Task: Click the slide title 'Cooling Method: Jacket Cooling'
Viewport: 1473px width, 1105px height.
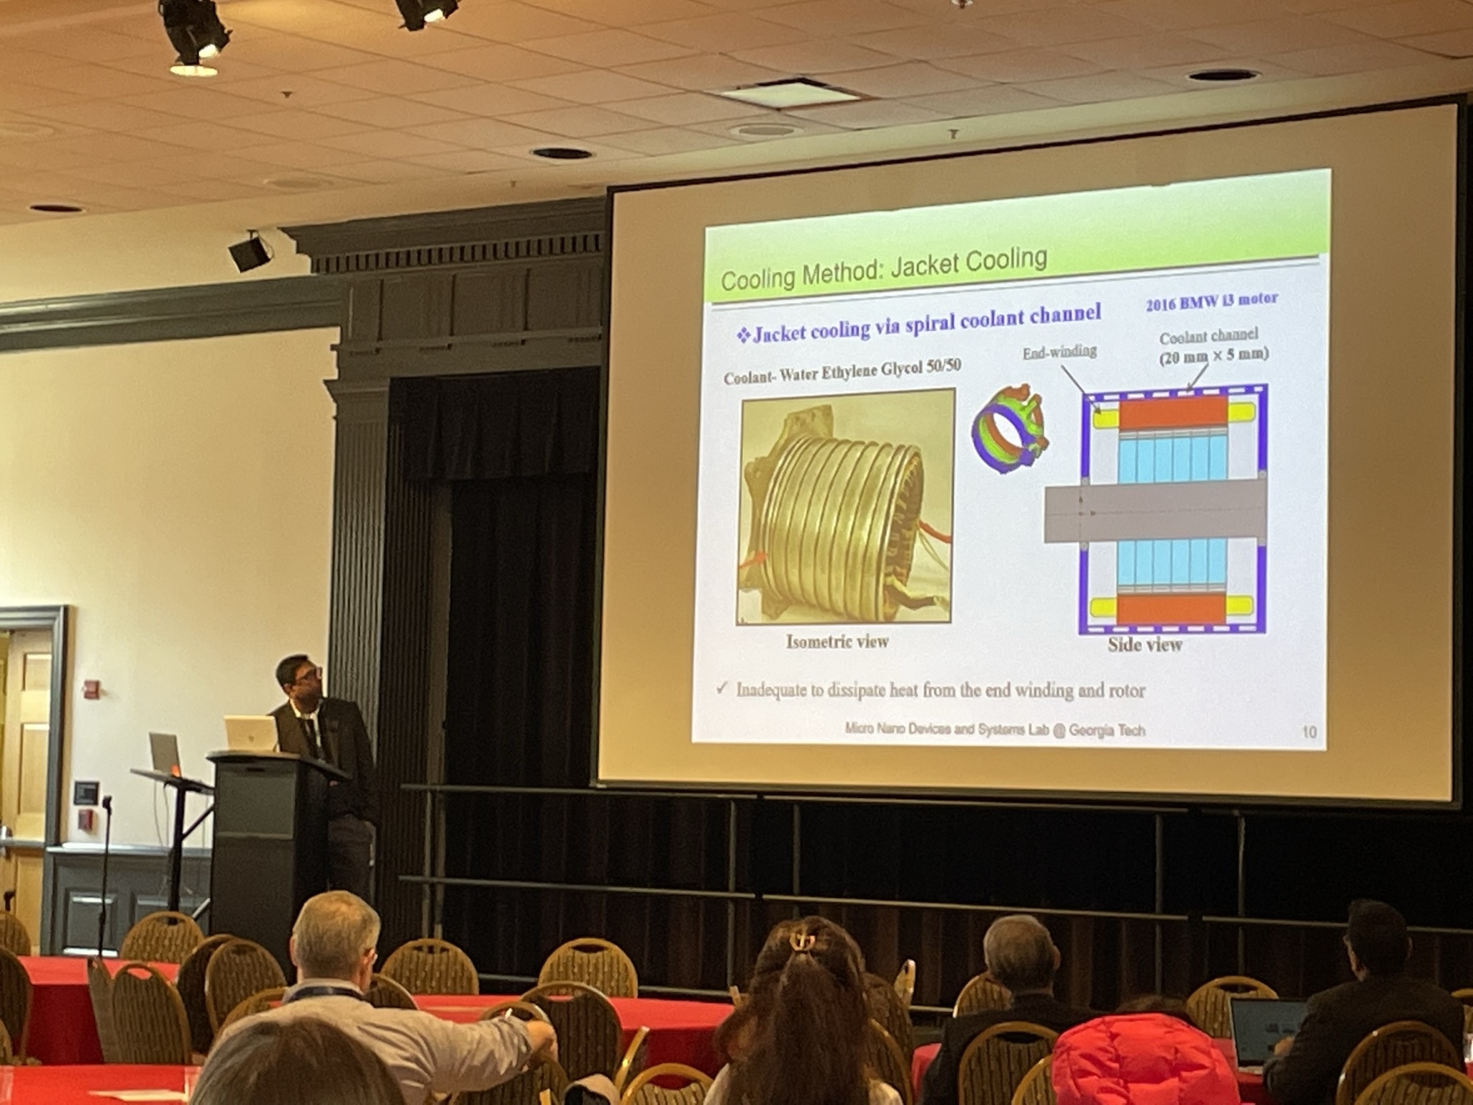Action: [883, 270]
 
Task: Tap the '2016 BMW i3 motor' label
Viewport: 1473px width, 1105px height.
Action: [1212, 301]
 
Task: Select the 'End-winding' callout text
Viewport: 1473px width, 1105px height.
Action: [1059, 351]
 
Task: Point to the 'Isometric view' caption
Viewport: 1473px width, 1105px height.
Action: [837, 641]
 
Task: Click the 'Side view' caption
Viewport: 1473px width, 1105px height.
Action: [1144, 645]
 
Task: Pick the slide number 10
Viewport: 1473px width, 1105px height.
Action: [1309, 732]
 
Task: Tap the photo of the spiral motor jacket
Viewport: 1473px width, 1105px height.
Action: [846, 506]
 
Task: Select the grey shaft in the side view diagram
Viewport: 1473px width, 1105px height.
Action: [1154, 511]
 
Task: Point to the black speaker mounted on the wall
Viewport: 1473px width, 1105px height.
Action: [250, 253]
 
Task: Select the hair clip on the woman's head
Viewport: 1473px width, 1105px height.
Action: [801, 938]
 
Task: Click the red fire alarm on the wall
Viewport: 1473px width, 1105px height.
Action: [91, 688]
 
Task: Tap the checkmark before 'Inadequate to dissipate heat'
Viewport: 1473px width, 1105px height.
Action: [721, 688]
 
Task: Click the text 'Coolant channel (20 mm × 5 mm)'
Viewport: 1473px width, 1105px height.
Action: [1213, 345]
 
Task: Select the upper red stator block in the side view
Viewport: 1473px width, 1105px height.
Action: [1173, 414]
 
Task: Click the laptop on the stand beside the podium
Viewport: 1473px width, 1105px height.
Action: [164, 754]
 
